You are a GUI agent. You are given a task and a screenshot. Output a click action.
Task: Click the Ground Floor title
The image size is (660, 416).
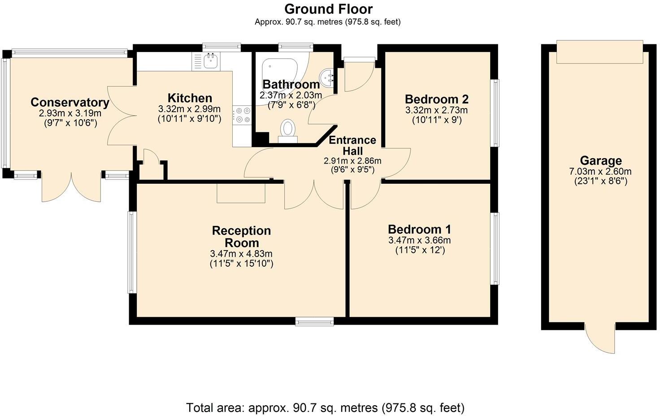[x=328, y=9]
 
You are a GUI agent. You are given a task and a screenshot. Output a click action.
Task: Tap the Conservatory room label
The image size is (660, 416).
[x=69, y=103]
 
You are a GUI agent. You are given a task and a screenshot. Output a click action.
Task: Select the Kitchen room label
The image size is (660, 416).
[x=190, y=98]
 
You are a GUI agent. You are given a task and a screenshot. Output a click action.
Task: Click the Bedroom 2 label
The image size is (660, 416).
[x=436, y=99]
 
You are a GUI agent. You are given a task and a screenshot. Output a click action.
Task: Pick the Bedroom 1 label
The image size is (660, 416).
[x=419, y=230]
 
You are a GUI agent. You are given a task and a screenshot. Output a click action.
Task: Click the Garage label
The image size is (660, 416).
[x=600, y=160]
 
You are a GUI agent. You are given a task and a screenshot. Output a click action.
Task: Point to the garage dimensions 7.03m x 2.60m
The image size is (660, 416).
[x=600, y=172]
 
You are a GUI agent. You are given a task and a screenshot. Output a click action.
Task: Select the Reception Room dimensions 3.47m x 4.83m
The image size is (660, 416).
[x=241, y=254]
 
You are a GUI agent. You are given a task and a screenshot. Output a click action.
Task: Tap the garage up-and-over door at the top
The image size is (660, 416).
[x=599, y=52]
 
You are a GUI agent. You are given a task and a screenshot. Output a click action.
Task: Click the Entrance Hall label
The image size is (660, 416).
[x=352, y=145]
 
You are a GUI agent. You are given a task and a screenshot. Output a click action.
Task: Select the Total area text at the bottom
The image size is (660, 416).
[x=325, y=408]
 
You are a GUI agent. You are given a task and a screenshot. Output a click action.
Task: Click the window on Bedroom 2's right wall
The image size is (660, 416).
[x=495, y=113]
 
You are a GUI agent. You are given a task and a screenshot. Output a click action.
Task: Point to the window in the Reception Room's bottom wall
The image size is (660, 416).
[x=314, y=321]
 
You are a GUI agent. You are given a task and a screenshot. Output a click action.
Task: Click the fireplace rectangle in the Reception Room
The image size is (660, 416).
[x=241, y=193]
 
